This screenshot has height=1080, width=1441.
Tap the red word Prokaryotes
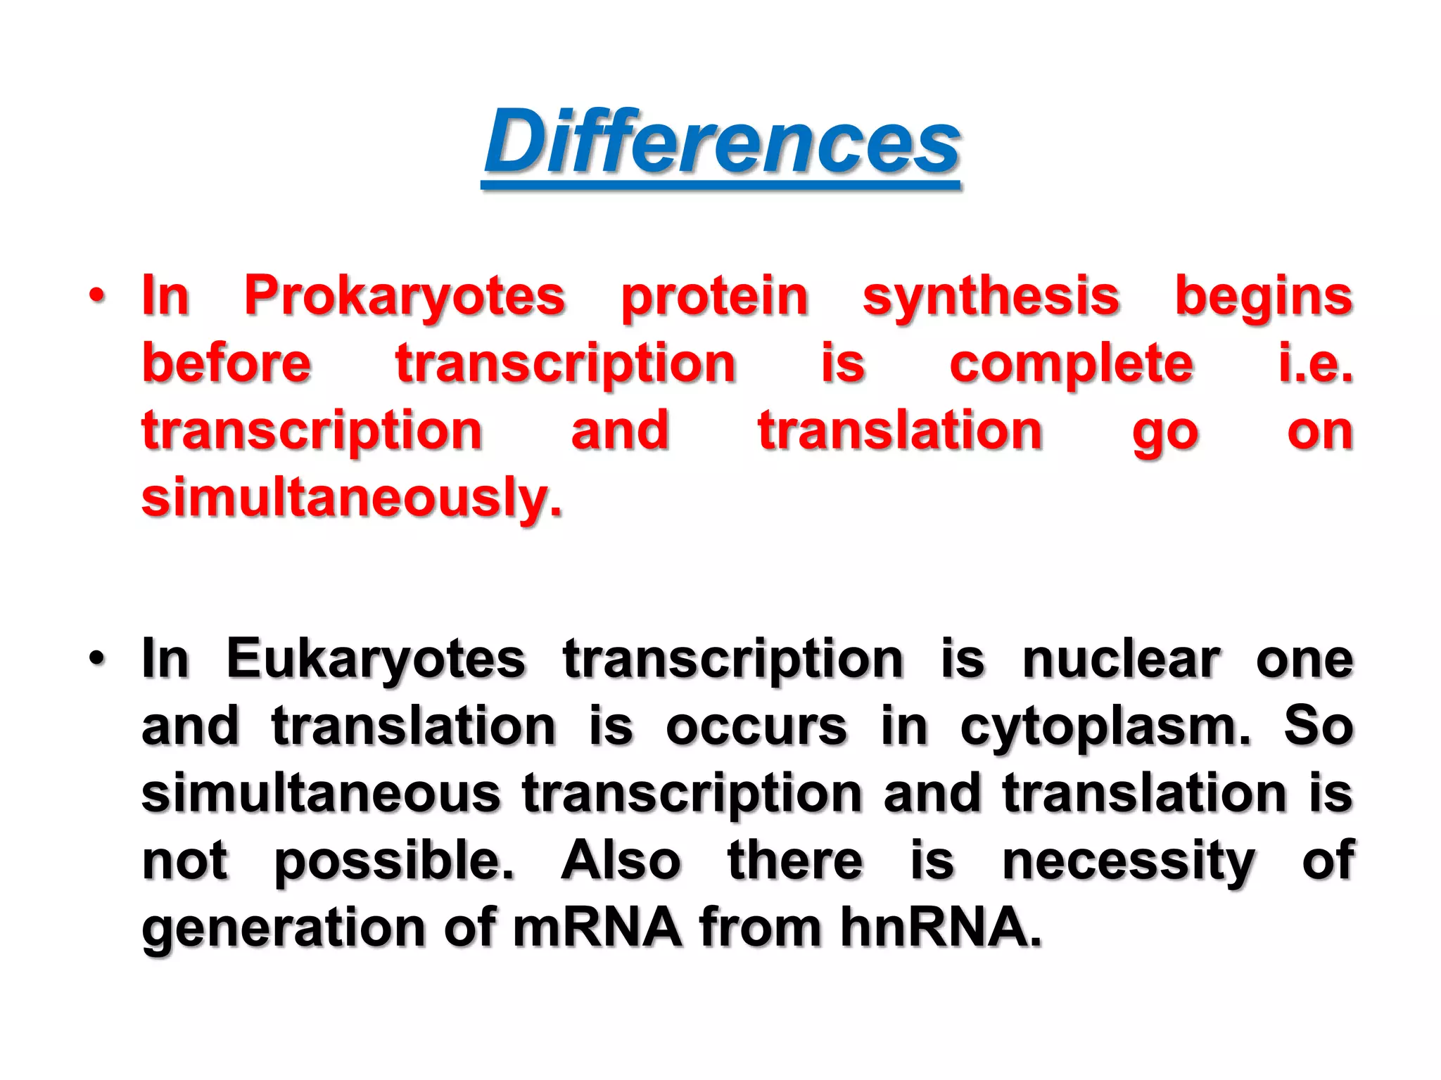click(405, 297)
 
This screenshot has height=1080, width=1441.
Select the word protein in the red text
click(714, 297)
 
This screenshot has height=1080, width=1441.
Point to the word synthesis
click(991, 297)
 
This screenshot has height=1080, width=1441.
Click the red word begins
click(1264, 297)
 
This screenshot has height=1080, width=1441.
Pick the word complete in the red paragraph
click(1071, 364)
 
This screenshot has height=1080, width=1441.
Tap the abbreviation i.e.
click(1315, 364)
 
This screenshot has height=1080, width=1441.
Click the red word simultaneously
click(352, 498)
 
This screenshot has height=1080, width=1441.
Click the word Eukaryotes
click(376, 660)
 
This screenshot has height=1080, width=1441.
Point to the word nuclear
click(1121, 660)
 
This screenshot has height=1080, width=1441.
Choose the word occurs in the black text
click(756, 726)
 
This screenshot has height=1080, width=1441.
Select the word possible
click(394, 861)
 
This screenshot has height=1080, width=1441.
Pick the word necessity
click(1128, 861)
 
